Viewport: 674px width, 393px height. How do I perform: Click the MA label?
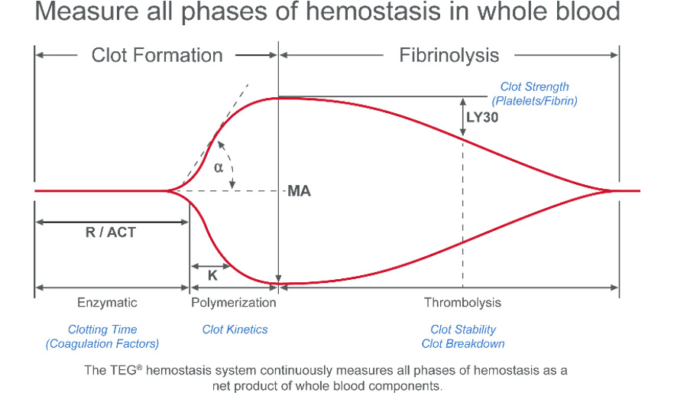click(299, 191)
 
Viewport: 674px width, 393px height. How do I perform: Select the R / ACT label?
click(111, 232)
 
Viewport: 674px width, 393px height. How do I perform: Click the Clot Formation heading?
click(157, 55)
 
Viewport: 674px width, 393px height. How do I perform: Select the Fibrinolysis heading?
click(449, 55)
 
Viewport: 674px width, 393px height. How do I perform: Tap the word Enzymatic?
click(108, 303)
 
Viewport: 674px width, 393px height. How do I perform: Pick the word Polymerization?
click(233, 303)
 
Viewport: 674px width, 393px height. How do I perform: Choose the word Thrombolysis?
click(462, 303)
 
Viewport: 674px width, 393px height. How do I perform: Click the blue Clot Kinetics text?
click(235, 330)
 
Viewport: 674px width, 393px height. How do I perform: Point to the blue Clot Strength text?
click(534, 87)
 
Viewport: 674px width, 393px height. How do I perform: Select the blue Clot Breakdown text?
click(463, 343)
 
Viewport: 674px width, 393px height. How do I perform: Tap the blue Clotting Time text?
click(102, 330)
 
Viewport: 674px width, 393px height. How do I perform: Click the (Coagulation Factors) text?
click(102, 343)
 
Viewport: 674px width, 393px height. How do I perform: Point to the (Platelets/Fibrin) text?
click(534, 100)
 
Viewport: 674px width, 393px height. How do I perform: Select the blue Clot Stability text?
click(463, 330)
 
